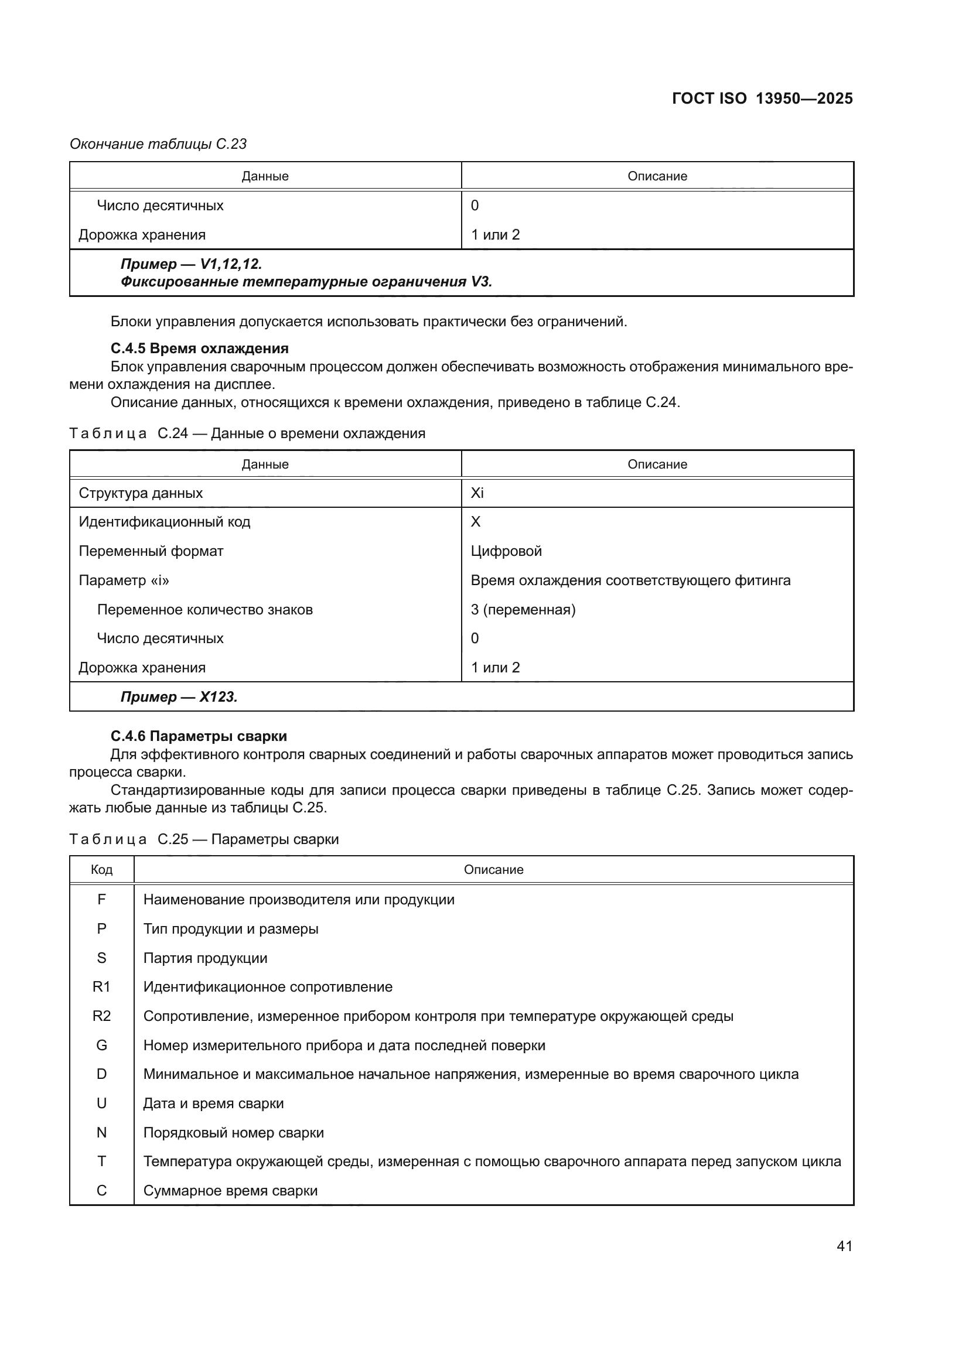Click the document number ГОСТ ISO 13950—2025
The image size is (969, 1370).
pos(762,98)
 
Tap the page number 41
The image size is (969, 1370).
pos(844,1246)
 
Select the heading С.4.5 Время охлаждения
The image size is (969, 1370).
pos(199,349)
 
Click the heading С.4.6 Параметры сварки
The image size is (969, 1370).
pos(199,736)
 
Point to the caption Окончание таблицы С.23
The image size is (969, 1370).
pos(158,144)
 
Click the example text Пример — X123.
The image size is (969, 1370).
pos(179,697)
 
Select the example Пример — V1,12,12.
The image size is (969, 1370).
pos(191,264)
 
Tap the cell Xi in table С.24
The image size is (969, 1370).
pos(477,493)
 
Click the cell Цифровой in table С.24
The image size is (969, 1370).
pos(506,551)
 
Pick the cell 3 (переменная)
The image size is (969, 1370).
pos(523,609)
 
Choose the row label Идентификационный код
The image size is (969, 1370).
pos(165,521)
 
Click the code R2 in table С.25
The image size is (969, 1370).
pos(101,1016)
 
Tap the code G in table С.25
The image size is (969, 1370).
pos(101,1045)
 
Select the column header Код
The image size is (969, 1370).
pos(101,869)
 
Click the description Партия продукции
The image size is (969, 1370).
pos(205,958)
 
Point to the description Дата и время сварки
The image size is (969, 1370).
pos(213,1103)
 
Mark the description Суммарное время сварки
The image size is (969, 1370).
pos(230,1190)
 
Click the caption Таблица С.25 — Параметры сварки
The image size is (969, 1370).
pos(204,839)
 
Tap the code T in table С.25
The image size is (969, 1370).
pos(101,1161)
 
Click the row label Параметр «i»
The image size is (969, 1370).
pos(124,580)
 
